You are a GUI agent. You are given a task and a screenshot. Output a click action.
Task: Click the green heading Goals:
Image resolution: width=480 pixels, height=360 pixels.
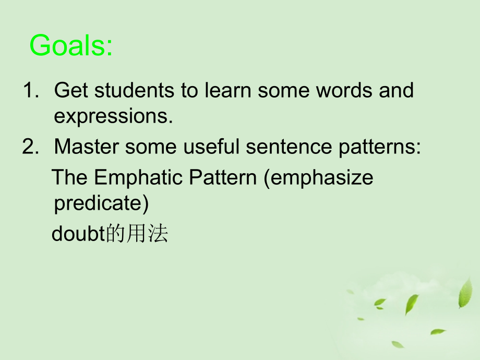[x=71, y=46]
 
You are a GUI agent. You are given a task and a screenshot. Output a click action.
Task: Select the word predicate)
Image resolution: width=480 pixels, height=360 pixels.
[x=101, y=204]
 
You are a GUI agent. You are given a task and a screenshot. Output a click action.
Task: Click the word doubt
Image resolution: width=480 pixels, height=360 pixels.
[x=78, y=234]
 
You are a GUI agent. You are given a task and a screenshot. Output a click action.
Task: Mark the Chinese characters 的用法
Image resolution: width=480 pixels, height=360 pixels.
[x=137, y=234]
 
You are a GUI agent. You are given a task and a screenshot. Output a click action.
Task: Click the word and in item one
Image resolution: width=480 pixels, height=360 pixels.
[x=395, y=91]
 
